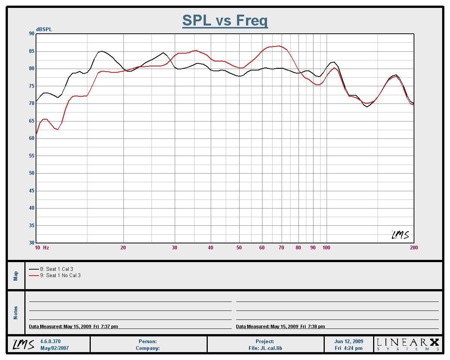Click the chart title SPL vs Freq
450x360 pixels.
coord(225,20)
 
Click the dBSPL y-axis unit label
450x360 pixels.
coord(44,30)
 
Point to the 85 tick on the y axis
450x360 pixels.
coord(31,51)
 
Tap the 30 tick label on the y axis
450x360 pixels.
coord(31,243)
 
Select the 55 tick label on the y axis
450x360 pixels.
coord(31,156)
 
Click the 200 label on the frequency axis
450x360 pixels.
coord(414,247)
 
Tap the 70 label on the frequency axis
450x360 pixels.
coord(281,247)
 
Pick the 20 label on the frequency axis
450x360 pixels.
coord(123,247)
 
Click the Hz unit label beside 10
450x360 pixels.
coord(46,247)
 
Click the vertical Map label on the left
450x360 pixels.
coord(16,276)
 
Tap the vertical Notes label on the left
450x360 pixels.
coord(16,313)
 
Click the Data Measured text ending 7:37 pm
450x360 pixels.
coord(73,327)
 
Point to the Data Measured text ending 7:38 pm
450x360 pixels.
coord(280,327)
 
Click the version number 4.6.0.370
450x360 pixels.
coord(50,342)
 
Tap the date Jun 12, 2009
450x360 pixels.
coord(349,342)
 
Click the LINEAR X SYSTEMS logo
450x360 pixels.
coord(408,344)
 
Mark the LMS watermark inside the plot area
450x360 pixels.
coord(400,235)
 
